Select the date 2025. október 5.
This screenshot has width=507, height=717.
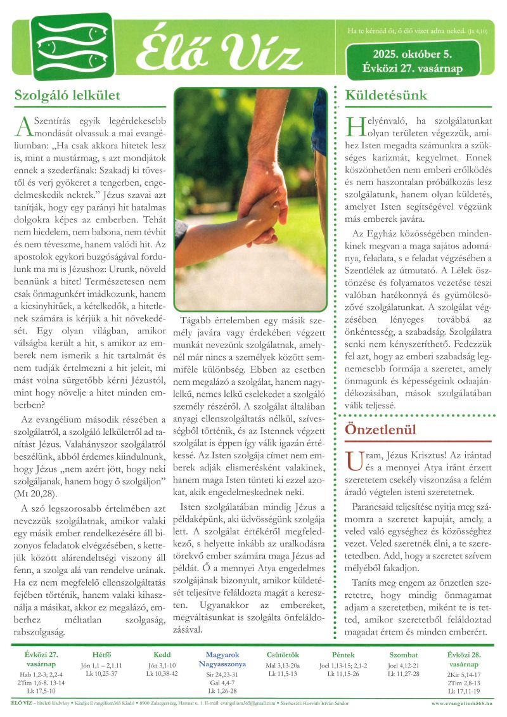(x=413, y=55)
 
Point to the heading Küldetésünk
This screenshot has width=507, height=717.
(x=386, y=96)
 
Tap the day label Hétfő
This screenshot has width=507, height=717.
(x=101, y=654)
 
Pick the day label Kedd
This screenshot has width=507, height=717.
(x=162, y=654)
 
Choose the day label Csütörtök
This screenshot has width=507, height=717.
(x=283, y=654)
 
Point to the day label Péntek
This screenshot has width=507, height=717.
(x=343, y=654)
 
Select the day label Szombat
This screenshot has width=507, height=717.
(x=404, y=654)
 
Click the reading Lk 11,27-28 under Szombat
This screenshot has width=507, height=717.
(x=404, y=674)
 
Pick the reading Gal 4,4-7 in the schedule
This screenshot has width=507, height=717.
(x=221, y=683)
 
